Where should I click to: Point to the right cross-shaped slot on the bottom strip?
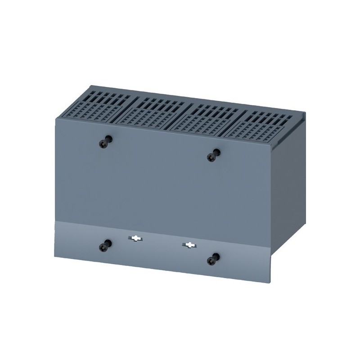[189, 245]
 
